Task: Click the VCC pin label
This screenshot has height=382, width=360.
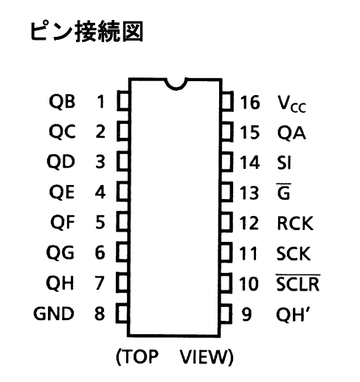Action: (291, 104)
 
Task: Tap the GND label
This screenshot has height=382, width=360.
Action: (54, 313)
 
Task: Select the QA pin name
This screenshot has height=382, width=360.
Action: (291, 133)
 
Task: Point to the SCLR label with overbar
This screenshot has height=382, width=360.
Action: (297, 282)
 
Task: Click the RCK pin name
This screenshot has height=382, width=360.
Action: (295, 223)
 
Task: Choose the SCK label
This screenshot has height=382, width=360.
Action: (294, 253)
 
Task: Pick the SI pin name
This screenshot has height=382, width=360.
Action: (284, 162)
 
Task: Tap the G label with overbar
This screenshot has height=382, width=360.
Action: (284, 191)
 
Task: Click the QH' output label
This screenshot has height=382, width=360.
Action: (293, 314)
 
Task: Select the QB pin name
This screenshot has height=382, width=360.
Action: (62, 101)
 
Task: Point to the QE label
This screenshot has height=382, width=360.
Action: (61, 192)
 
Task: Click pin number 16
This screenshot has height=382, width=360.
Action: (249, 103)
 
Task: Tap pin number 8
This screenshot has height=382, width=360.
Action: (100, 313)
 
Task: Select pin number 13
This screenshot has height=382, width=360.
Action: (249, 192)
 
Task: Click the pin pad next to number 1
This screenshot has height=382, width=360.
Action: (123, 100)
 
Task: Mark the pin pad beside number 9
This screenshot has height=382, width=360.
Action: (226, 313)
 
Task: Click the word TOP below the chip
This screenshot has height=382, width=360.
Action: (140, 356)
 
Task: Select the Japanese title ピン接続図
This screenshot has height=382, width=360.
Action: (86, 32)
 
